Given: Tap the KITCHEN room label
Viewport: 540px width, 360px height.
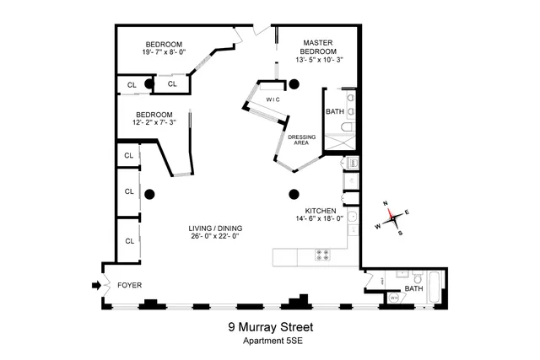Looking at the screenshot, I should point(321,210).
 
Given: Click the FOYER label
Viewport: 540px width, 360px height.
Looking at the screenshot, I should point(129,286).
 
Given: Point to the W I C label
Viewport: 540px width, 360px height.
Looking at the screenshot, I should point(273,99).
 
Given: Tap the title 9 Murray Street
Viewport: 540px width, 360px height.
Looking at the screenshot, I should point(269,326).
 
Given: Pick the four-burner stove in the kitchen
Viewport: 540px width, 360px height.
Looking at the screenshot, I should point(322,254).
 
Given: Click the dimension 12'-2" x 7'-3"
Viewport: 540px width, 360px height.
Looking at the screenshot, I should point(153,123).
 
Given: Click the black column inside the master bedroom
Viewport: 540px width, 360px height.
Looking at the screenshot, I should point(294,83).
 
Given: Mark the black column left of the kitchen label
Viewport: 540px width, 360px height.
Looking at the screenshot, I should point(294,193).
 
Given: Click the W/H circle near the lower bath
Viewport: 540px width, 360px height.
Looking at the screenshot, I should point(393,298).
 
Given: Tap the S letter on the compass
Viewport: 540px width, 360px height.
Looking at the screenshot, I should point(400,233).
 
